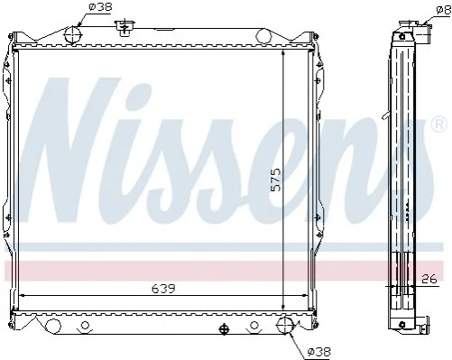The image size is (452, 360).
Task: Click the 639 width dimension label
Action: pyautogui.click(x=163, y=289)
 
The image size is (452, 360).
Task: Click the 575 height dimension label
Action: pyautogui.click(x=275, y=180)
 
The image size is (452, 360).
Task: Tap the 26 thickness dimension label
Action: pyautogui.click(x=429, y=279)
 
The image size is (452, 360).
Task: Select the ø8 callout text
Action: pyautogui.click(x=444, y=11)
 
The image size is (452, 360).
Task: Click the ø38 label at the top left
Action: pyautogui.click(x=100, y=6)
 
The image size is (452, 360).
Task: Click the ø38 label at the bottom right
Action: pyautogui.click(x=318, y=351)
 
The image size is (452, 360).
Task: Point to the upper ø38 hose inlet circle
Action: pyautogui.click(x=73, y=35)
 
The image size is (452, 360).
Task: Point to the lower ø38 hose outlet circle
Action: pyautogui.click(x=285, y=325)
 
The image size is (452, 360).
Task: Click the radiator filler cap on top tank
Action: pyautogui.click(x=125, y=28)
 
